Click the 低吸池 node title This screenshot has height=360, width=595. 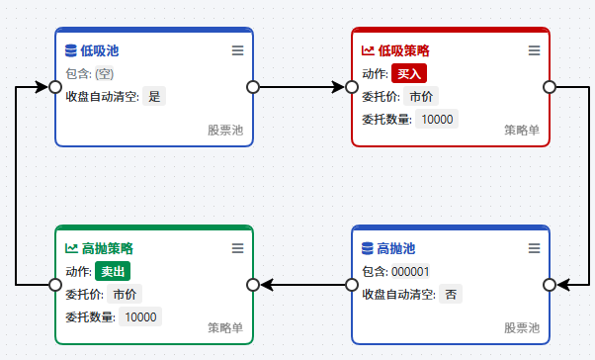(x=100, y=50)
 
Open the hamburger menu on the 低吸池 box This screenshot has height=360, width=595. (x=238, y=50)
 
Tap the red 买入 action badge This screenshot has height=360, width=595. (x=409, y=73)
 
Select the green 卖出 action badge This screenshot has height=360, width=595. (x=113, y=271)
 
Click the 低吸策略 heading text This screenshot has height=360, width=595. (x=403, y=50)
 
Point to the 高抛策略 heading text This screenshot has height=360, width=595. (x=108, y=248)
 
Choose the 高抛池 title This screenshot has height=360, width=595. (x=395, y=248)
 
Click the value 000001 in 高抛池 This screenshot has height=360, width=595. (x=410, y=272)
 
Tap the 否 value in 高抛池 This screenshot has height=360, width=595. (x=451, y=294)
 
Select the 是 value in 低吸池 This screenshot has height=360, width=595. (x=154, y=96)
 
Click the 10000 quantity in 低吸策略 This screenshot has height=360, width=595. (x=437, y=120)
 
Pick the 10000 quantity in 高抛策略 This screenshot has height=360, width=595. (x=140, y=316)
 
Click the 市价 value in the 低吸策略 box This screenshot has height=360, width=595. (x=421, y=96)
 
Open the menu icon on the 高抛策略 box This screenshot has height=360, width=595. (x=238, y=248)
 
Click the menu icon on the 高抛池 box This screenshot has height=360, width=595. (x=535, y=248)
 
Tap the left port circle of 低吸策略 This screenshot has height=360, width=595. (x=352, y=87)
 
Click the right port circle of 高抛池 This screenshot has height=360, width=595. (x=550, y=285)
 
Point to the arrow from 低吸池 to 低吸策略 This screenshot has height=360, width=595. (x=302, y=87)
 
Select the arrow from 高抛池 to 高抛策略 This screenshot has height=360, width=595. (x=302, y=285)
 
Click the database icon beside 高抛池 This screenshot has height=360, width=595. (x=368, y=248)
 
